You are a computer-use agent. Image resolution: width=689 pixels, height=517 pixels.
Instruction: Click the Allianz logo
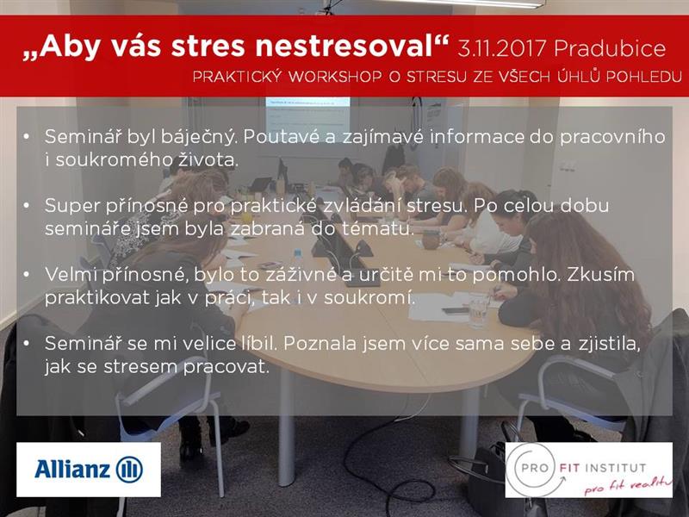coord(89,470)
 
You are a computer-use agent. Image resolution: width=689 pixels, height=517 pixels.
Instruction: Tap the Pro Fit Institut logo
coord(589,470)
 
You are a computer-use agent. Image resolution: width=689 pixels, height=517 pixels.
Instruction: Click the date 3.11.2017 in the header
coord(502,48)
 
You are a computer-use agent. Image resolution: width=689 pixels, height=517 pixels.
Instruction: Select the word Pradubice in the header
coord(610,48)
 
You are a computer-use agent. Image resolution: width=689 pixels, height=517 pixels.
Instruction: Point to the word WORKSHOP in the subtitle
coord(335,77)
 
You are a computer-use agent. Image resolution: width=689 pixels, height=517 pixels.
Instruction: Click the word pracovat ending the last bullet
coord(226,367)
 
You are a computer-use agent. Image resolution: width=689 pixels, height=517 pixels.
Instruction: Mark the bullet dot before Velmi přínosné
coord(27,275)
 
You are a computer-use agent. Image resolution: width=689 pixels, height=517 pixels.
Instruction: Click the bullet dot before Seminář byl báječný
coord(27,137)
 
